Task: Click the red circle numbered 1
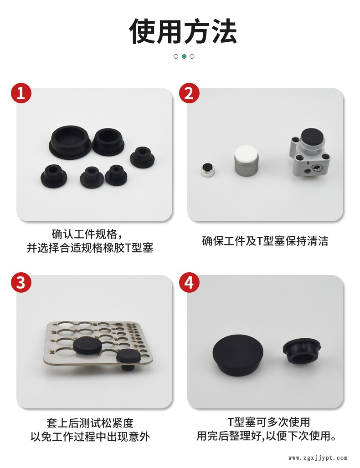click(x=21, y=93)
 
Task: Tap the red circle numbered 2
click(x=189, y=93)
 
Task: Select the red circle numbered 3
click(x=21, y=282)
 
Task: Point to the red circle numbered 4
click(x=189, y=282)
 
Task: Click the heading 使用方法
click(x=183, y=31)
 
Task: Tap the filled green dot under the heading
click(x=184, y=56)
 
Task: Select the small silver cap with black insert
click(x=208, y=170)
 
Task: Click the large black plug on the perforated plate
click(x=87, y=346)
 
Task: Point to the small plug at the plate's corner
click(x=128, y=359)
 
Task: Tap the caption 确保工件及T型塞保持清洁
click(x=265, y=241)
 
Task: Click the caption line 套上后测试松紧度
click(x=90, y=423)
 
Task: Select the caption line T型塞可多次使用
click(x=269, y=422)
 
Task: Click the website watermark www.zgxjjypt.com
click(x=318, y=458)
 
